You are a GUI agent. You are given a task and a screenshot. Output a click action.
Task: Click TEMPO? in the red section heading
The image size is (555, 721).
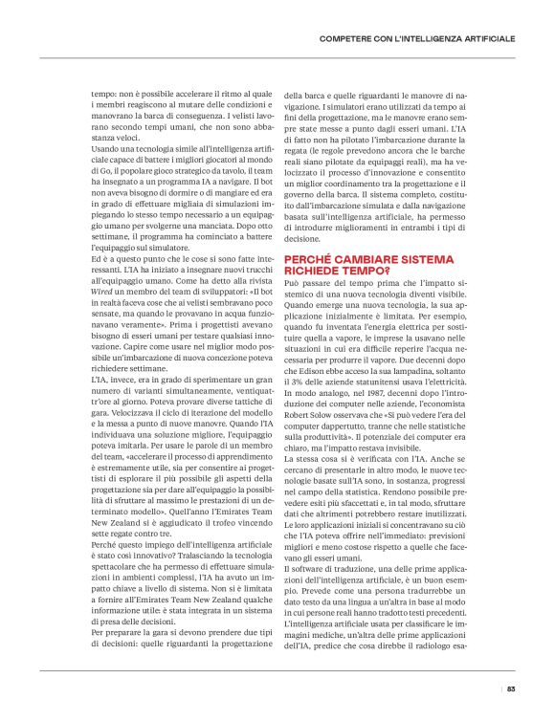pyautogui.click(x=351, y=245)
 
